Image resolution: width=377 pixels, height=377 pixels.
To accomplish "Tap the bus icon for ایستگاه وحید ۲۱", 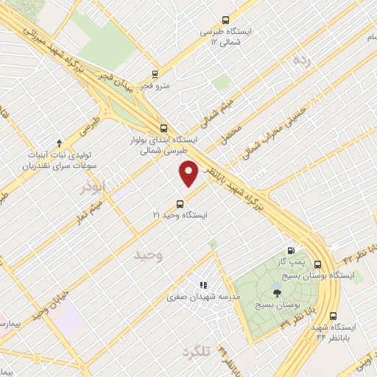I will click(x=179, y=204).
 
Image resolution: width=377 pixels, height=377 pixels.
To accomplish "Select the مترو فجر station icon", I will click(x=155, y=74).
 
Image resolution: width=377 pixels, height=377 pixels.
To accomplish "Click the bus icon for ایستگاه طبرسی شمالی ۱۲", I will click(x=225, y=23).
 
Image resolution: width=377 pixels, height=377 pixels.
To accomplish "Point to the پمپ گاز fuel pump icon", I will click(x=297, y=250).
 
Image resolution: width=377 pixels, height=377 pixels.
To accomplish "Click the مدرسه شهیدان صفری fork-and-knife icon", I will click(x=202, y=285).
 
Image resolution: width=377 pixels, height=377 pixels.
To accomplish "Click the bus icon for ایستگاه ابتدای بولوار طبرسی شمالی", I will click(x=161, y=126).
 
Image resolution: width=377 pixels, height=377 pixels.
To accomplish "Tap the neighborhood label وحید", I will click(x=149, y=256).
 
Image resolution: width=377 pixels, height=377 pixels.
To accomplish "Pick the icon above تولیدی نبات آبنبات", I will click(x=60, y=142).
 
